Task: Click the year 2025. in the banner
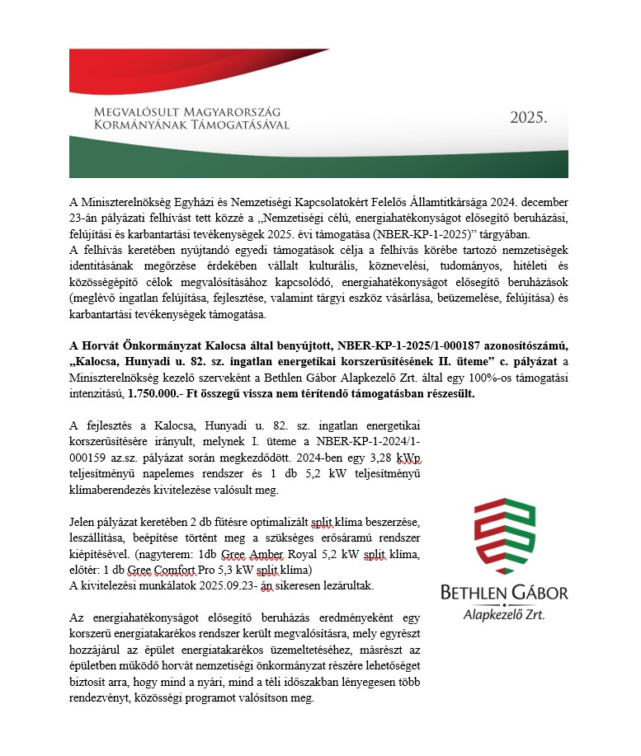tap(528, 118)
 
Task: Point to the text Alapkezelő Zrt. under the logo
tap(504, 614)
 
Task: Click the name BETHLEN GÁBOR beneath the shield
tap(504, 594)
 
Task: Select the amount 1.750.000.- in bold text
tap(158, 394)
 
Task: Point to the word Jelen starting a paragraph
tap(85, 524)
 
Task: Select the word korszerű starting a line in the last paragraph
tap(91, 633)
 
